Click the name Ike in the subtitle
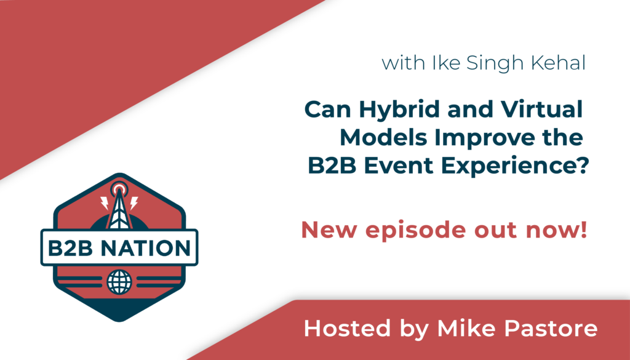tap(445, 63)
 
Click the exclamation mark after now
tap(584, 230)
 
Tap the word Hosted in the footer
tap(347, 328)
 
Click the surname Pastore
tap(551, 328)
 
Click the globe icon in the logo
tap(119, 282)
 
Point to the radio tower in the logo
tap(119, 207)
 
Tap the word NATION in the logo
tap(145, 248)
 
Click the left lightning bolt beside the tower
tap(105, 203)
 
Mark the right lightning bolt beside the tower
tap(134, 203)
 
